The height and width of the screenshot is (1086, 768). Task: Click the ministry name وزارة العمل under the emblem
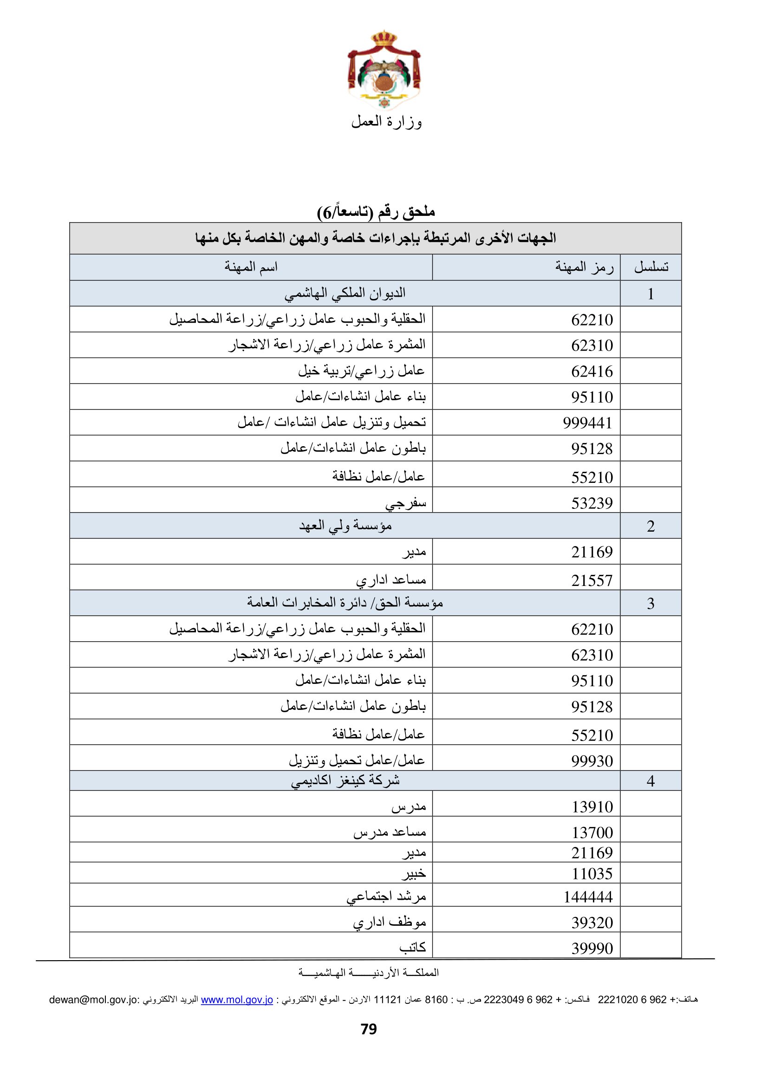386,122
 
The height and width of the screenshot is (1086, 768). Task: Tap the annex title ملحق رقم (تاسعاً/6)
376,212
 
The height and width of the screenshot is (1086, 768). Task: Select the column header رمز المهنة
584,267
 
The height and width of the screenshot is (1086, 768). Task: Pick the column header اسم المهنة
251,267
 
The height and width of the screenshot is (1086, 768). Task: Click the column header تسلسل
651,267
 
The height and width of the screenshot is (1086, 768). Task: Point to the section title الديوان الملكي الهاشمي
345,293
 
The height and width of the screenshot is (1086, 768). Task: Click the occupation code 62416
592,371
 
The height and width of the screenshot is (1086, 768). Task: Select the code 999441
587,423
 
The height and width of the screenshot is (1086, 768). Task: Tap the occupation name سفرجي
406,503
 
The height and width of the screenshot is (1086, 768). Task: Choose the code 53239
592,503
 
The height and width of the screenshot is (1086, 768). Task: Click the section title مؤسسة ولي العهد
345,526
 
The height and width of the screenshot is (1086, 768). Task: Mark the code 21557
592,580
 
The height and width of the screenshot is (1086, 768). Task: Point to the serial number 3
651,603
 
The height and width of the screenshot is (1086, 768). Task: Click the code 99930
592,761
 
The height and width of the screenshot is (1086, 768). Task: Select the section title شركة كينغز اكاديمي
345,780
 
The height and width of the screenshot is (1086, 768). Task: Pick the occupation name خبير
414,873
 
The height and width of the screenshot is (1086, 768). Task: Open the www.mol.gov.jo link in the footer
237,1000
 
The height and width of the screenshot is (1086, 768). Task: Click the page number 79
369,1029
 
